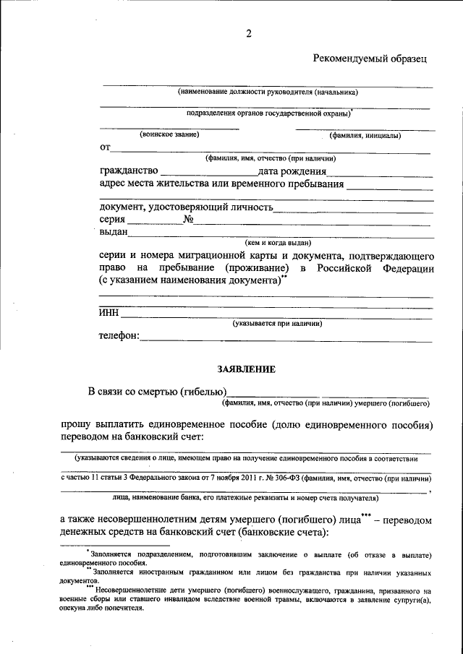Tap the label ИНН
coord(109,313)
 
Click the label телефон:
coord(119,336)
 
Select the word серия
coord(115,220)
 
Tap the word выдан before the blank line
coord(114,232)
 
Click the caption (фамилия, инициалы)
coord(365,135)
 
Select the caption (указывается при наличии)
coord(277,324)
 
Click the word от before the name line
coord(105,147)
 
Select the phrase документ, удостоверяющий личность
coord(186,208)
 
